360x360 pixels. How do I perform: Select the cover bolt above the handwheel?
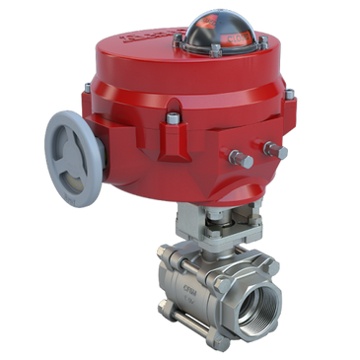pyautogui.click(x=86, y=94)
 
